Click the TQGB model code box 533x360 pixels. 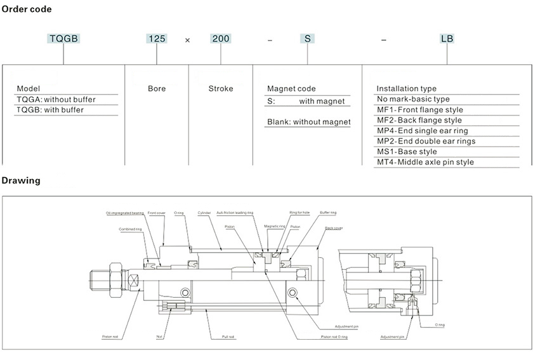coord(63,39)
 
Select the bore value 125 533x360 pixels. coord(157,39)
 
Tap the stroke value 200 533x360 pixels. coord(221,39)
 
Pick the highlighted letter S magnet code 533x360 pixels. coord(307,39)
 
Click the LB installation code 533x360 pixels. coord(447,39)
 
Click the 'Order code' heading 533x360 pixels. coord(27,10)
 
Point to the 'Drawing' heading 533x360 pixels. coord(21,180)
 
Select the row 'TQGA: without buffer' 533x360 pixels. coord(50,100)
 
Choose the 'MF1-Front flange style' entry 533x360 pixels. coord(419,110)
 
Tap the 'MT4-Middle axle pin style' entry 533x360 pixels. coord(424,162)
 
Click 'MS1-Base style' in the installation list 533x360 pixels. coord(407,152)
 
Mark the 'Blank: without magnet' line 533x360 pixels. coord(308,122)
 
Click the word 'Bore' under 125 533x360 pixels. coord(157,89)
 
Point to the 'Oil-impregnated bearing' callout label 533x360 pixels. coord(125,213)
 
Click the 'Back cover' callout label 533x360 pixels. coord(334,227)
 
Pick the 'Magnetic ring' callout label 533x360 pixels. coord(274,226)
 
